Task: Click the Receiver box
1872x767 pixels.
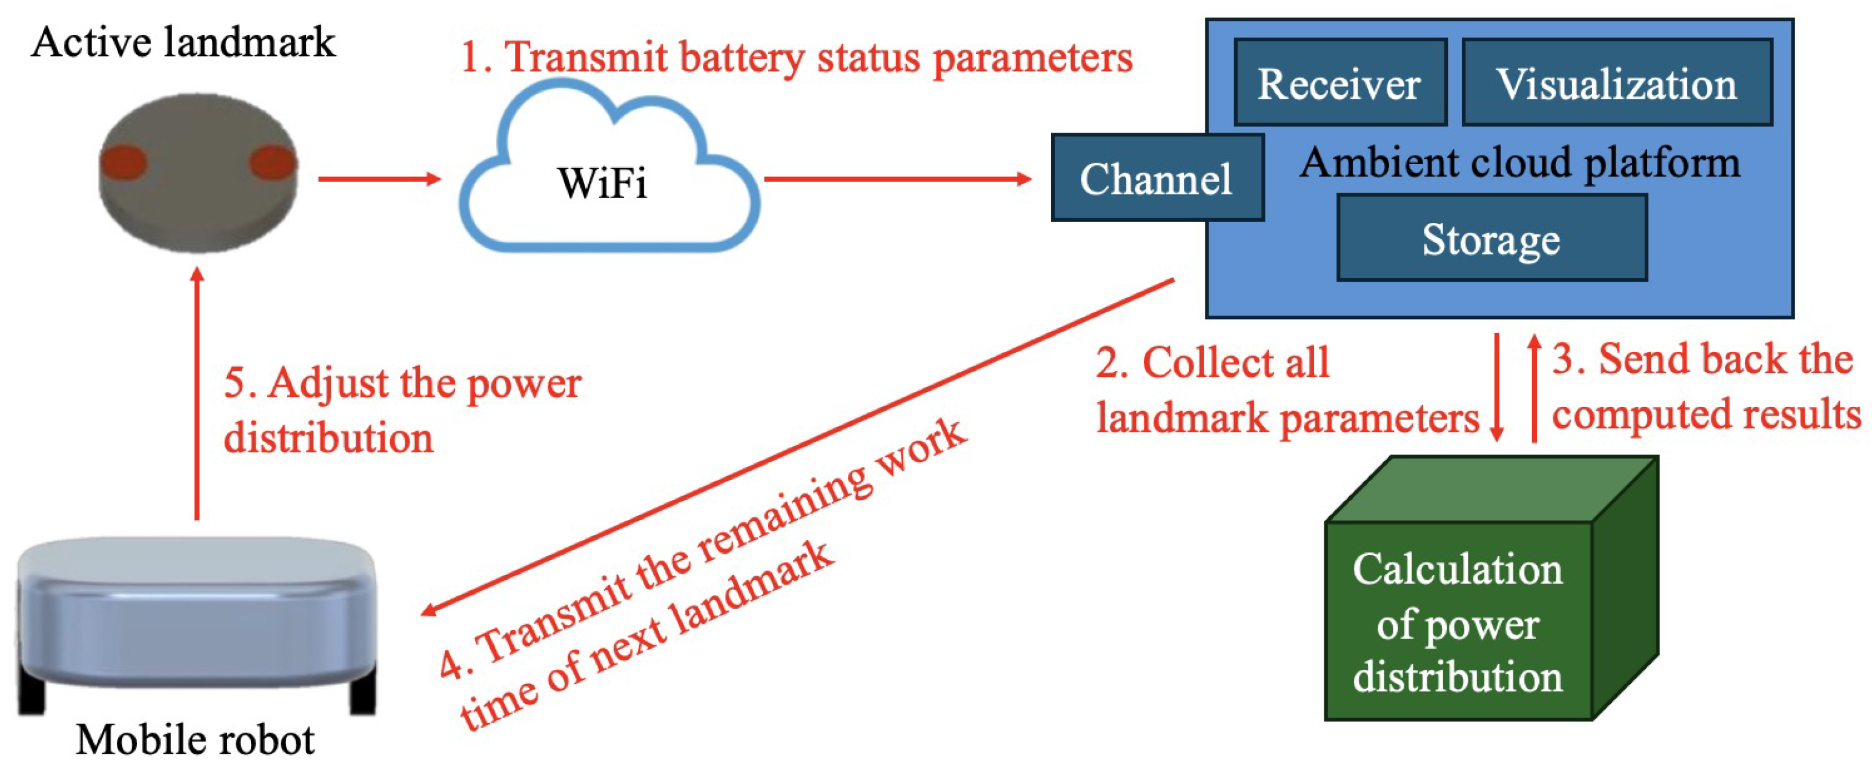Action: pyautogui.click(x=1339, y=82)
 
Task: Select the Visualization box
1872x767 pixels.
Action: pyautogui.click(x=1616, y=82)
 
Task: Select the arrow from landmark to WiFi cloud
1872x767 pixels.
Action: pyautogui.click(x=379, y=178)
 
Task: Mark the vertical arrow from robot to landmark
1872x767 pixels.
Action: pyautogui.click(x=197, y=393)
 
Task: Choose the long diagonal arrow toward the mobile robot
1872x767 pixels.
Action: pyautogui.click(x=799, y=445)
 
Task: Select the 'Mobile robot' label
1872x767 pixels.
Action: pyautogui.click(x=194, y=740)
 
